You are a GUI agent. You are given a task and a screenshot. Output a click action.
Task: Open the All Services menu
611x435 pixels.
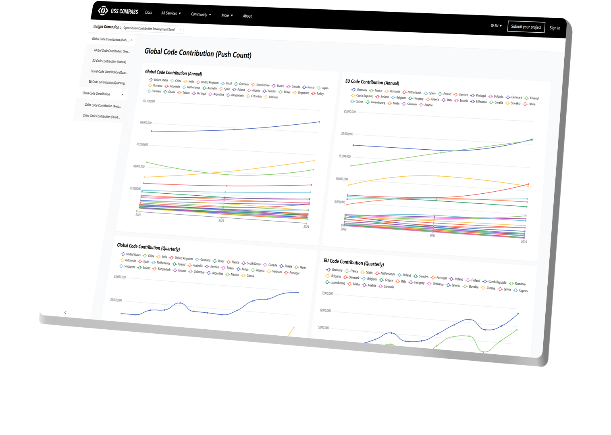click(x=171, y=13)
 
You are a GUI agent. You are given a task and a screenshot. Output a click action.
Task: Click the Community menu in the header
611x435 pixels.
click(x=201, y=15)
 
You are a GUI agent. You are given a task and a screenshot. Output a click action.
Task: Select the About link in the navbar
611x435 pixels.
click(x=247, y=16)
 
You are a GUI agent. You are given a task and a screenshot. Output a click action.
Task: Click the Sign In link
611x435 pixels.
click(x=555, y=28)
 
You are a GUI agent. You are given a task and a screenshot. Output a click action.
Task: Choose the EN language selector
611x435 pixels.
click(x=496, y=25)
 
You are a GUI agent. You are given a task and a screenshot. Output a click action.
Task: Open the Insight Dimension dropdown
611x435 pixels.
click(x=152, y=29)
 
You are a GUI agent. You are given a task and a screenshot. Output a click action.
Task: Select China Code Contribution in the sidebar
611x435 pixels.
click(x=96, y=94)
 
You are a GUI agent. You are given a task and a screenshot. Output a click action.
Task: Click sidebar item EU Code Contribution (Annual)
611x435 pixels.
click(x=109, y=61)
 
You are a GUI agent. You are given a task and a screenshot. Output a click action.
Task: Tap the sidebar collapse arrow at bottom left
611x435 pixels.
click(x=65, y=313)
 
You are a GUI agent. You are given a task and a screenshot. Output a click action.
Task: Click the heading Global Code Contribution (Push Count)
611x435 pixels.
click(x=197, y=53)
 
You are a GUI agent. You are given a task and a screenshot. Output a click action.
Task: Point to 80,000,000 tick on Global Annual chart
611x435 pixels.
click(x=145, y=123)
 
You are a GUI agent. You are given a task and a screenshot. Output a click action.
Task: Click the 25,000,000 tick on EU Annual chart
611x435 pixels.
click(x=349, y=112)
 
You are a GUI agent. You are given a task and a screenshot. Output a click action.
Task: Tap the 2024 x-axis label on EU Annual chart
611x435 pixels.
click(x=523, y=242)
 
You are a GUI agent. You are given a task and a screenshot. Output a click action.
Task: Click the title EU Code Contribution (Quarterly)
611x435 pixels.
click(x=353, y=263)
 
